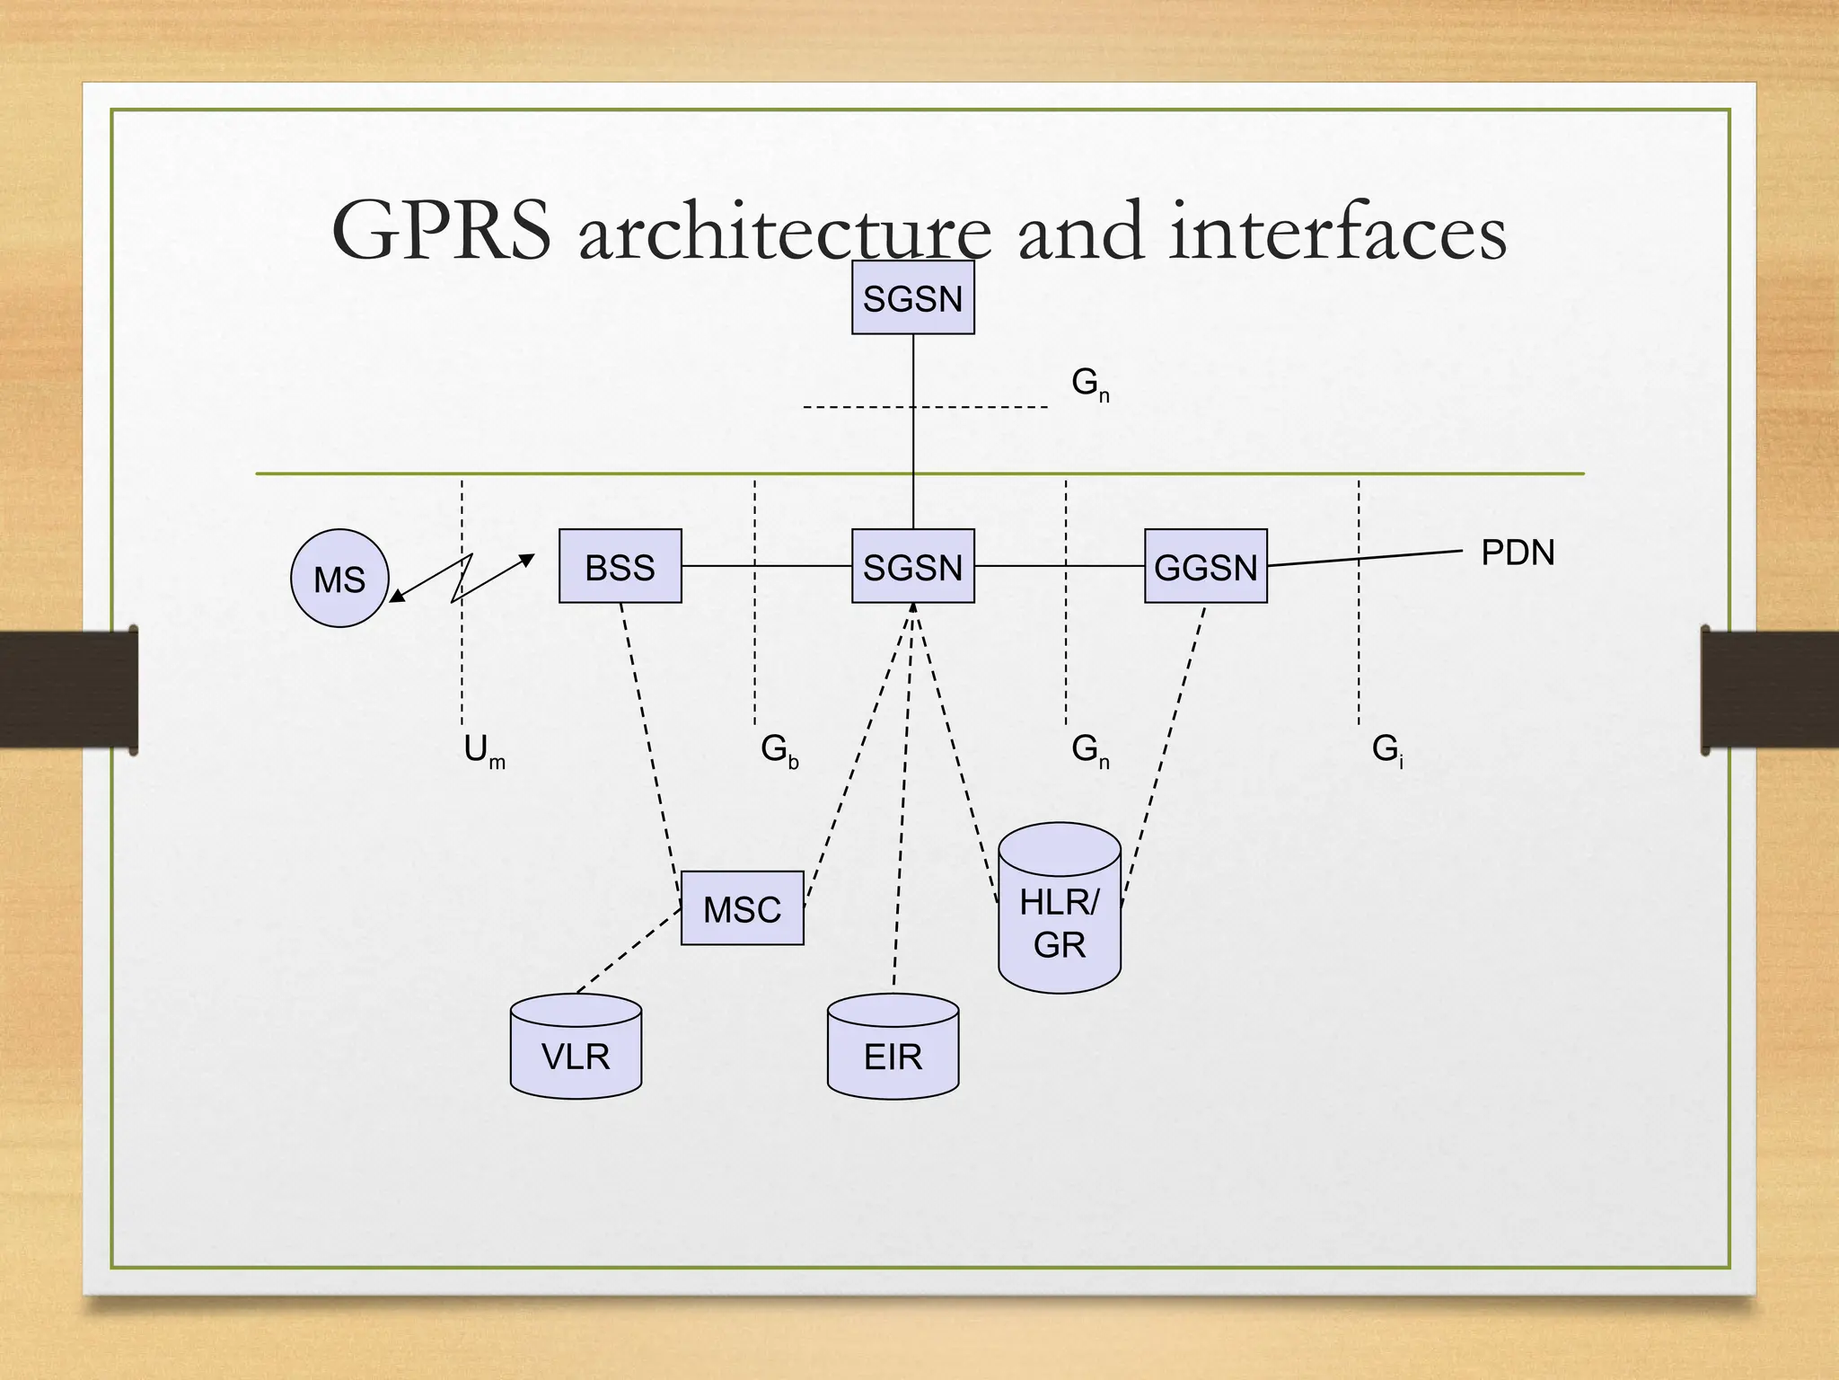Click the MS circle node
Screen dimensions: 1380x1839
pos(339,578)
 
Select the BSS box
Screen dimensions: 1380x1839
pos(620,566)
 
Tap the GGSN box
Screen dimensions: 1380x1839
pos(1205,566)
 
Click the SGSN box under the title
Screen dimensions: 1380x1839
pos(912,297)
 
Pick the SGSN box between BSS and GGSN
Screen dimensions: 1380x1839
pos(912,566)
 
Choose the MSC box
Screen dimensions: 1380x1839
pos(742,908)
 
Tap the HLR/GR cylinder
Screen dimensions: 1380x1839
pos(1060,912)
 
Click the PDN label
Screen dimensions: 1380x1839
pos(1518,553)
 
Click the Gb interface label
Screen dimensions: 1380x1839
pos(779,750)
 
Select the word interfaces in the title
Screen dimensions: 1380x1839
pos(1338,232)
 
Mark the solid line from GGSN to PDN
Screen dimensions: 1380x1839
pos(1365,558)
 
